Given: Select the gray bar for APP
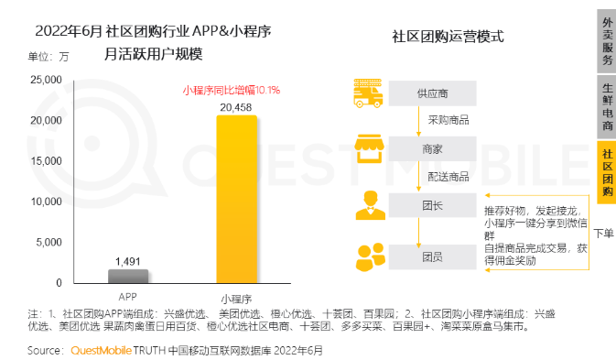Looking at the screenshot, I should tap(128, 276).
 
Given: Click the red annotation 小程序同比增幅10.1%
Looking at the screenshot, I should tap(232, 90).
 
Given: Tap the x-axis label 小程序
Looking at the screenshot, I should tap(236, 298).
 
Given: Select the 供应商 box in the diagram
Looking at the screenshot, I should tap(433, 93).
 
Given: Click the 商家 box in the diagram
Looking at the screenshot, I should tap(433, 148).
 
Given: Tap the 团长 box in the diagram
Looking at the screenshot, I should tap(433, 204).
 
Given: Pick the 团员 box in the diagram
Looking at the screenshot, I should tap(433, 256).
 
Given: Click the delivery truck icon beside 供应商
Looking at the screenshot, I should tap(368, 93).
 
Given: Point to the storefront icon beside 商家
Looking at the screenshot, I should tap(368, 147).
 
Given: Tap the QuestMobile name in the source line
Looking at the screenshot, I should tap(103, 350).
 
